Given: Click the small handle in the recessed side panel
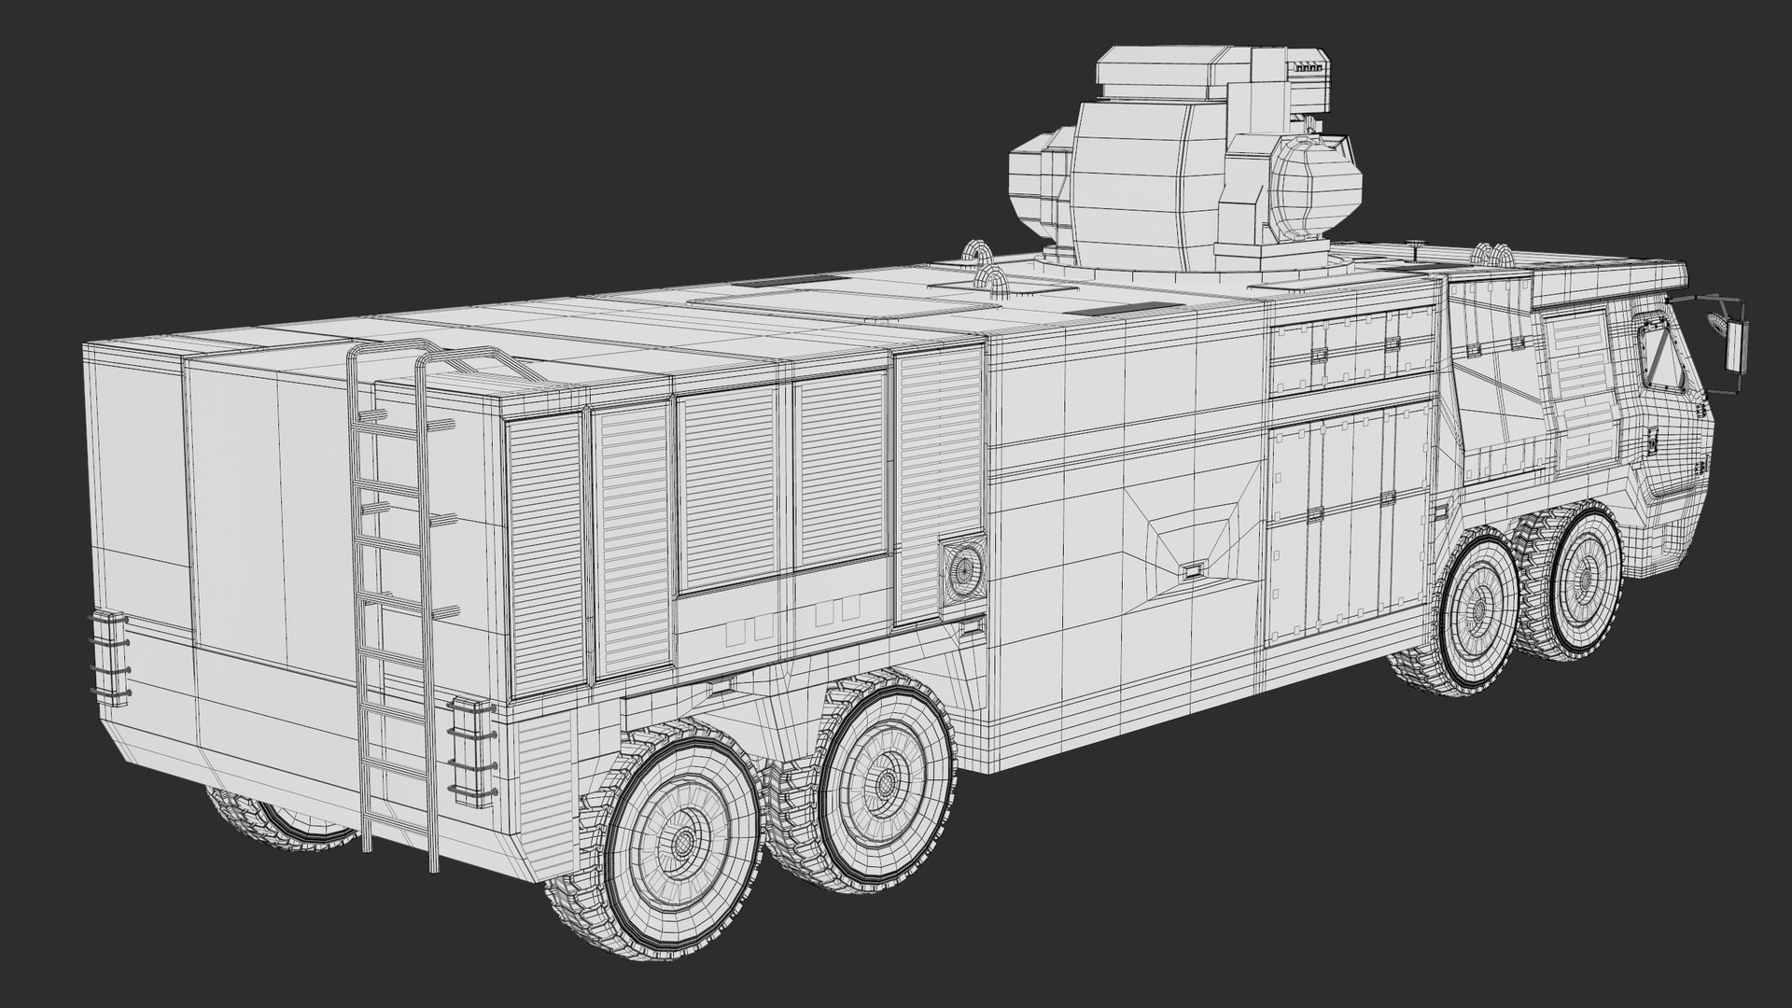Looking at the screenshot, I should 1192,568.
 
